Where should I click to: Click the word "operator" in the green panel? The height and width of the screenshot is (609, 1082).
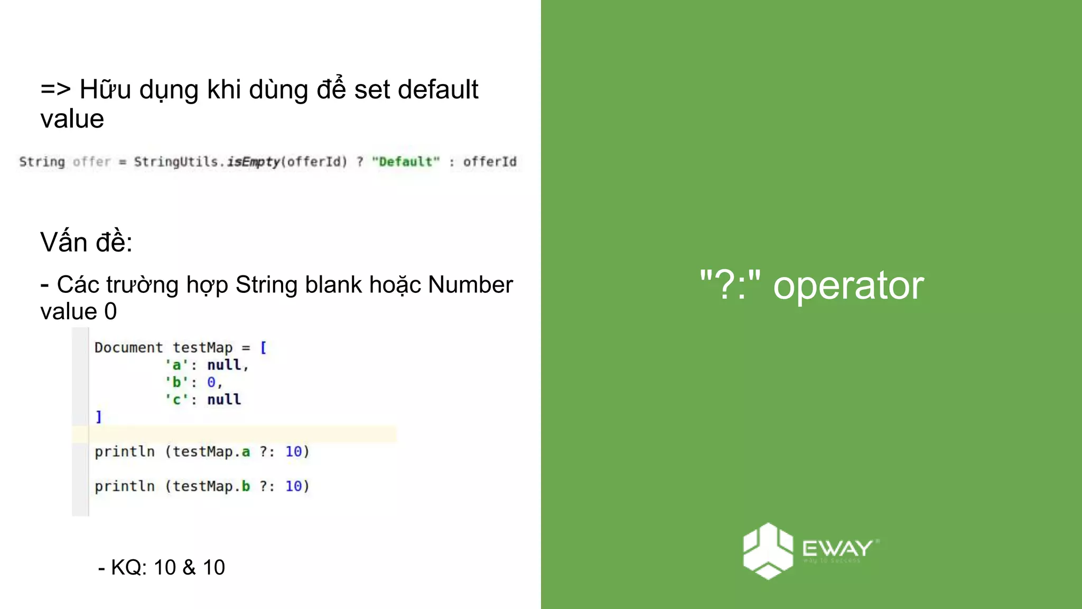(x=848, y=286)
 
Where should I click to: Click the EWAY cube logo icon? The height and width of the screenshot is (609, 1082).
(x=768, y=551)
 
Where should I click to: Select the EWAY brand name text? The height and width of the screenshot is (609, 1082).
(x=837, y=548)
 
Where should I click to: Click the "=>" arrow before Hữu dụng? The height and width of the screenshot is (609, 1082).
(x=55, y=89)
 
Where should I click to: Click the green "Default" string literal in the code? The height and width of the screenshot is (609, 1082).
(x=406, y=162)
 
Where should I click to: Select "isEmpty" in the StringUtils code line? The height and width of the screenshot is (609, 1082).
(x=253, y=162)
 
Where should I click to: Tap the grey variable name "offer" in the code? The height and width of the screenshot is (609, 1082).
(x=91, y=162)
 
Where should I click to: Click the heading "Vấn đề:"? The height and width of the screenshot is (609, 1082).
(x=86, y=243)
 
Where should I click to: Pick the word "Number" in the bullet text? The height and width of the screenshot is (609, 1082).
(x=470, y=285)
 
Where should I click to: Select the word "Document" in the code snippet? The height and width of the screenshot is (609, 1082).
(x=128, y=348)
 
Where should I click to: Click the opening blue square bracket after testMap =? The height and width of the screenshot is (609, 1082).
(x=263, y=348)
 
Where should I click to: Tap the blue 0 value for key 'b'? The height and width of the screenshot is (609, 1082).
(x=211, y=382)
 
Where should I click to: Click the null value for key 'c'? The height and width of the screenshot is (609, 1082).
(x=224, y=400)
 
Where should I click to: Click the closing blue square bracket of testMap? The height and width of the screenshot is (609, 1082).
(x=99, y=417)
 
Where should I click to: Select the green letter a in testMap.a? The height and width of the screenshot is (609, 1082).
(x=246, y=452)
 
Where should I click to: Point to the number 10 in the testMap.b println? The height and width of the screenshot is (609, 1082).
(x=294, y=486)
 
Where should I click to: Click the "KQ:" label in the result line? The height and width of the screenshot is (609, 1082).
(x=129, y=568)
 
